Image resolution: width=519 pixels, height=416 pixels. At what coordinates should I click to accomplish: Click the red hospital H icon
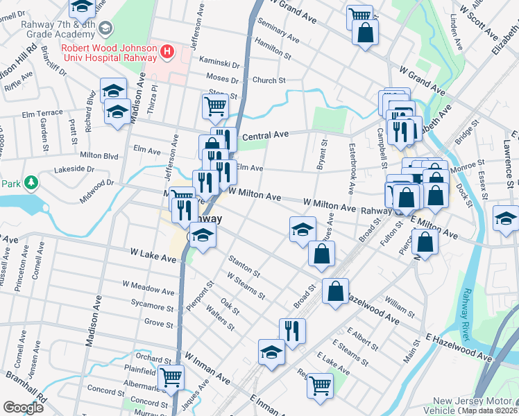pos(167,51)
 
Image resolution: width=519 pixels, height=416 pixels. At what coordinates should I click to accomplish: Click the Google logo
pos(24,408)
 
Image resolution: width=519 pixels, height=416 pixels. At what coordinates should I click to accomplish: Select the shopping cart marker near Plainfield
pos(171,377)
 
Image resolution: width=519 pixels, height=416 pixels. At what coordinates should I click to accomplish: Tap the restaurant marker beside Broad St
pos(292,330)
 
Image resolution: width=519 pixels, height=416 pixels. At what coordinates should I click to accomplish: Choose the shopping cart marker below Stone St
pos(215,106)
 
